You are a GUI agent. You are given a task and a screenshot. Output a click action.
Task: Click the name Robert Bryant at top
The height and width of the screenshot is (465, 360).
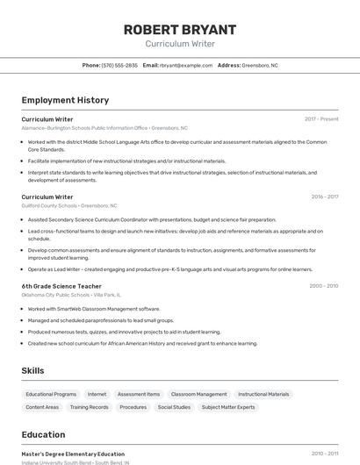click(179, 29)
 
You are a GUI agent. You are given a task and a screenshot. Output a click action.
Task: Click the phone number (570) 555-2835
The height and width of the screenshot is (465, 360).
click(119, 65)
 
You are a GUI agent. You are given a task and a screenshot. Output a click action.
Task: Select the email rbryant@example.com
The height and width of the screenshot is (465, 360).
click(186, 65)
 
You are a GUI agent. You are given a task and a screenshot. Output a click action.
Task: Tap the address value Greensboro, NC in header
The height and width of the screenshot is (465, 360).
click(260, 65)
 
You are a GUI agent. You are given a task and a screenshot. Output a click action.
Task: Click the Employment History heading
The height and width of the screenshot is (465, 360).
click(65, 100)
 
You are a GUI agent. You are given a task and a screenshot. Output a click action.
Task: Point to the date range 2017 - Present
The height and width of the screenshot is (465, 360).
click(321, 118)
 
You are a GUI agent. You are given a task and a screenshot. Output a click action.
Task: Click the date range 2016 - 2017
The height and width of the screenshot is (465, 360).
click(324, 197)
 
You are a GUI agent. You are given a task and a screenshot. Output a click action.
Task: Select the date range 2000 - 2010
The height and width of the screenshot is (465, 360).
click(323, 286)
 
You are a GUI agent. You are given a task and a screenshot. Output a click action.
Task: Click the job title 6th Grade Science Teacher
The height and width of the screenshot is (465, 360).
click(61, 286)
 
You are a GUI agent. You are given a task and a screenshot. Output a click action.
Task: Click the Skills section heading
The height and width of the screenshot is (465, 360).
click(32, 371)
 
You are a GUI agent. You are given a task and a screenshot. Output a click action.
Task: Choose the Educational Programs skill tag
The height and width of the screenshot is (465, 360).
click(51, 394)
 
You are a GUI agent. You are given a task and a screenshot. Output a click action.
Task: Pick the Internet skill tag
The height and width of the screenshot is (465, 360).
click(97, 394)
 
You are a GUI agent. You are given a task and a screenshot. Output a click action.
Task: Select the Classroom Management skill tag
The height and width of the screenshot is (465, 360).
click(198, 394)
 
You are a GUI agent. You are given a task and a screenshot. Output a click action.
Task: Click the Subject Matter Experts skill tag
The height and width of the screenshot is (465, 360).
click(228, 407)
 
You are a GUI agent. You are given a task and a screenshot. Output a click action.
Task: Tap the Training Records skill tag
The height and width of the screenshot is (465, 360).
click(90, 407)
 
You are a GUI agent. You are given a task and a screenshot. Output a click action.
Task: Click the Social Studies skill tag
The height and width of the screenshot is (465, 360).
click(174, 407)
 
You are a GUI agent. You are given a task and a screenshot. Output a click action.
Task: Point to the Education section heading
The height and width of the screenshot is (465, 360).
click(43, 434)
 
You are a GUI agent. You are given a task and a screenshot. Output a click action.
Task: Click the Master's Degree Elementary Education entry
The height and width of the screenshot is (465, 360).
click(73, 454)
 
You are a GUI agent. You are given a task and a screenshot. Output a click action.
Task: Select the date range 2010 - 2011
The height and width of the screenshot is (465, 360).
click(324, 454)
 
